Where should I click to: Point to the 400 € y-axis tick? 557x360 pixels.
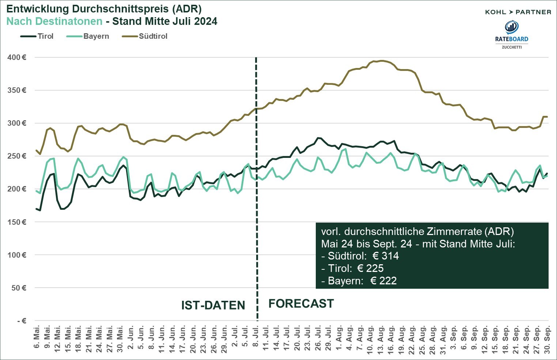pyautogui.click(x=17, y=57)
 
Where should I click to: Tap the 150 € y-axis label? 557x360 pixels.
pyautogui.click(x=17, y=222)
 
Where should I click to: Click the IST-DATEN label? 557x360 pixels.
pyautogui.click(x=213, y=306)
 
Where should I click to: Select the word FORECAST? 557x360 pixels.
pyautogui.click(x=301, y=304)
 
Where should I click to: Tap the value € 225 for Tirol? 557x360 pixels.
pyautogui.click(x=370, y=268)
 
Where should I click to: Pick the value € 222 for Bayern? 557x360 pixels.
pyautogui.click(x=383, y=281)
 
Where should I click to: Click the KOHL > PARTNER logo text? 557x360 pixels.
pyautogui.click(x=518, y=12)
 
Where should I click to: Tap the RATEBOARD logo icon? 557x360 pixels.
pyautogui.click(x=512, y=27)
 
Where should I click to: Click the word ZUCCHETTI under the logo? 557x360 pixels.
pyautogui.click(x=512, y=47)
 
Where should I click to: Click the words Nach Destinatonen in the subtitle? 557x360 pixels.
pyautogui.click(x=54, y=21)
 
